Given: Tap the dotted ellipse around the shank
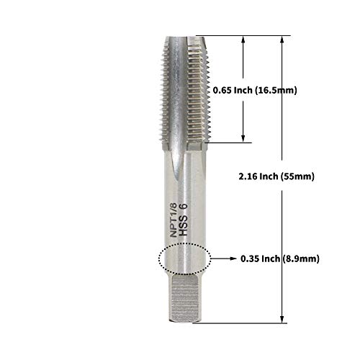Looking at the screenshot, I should click(x=182, y=258).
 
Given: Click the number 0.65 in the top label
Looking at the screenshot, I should click(x=225, y=90).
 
